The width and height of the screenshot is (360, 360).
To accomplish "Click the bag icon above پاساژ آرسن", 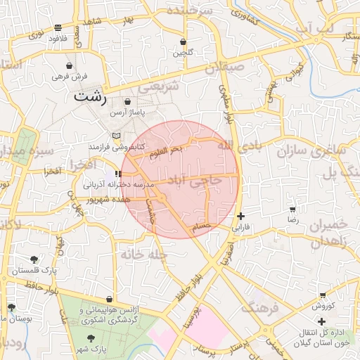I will [x=127, y=102].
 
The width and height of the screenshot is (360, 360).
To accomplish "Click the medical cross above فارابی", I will [x=241, y=216].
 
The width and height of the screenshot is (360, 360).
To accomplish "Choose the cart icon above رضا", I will [x=292, y=209].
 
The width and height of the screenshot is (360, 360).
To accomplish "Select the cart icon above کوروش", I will [x=322, y=295].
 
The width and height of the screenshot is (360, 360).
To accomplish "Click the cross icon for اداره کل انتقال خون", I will [x=321, y=321].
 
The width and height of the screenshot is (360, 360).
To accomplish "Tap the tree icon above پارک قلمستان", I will [x=34, y=260].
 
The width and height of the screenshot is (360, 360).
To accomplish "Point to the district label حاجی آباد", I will [x=200, y=180].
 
